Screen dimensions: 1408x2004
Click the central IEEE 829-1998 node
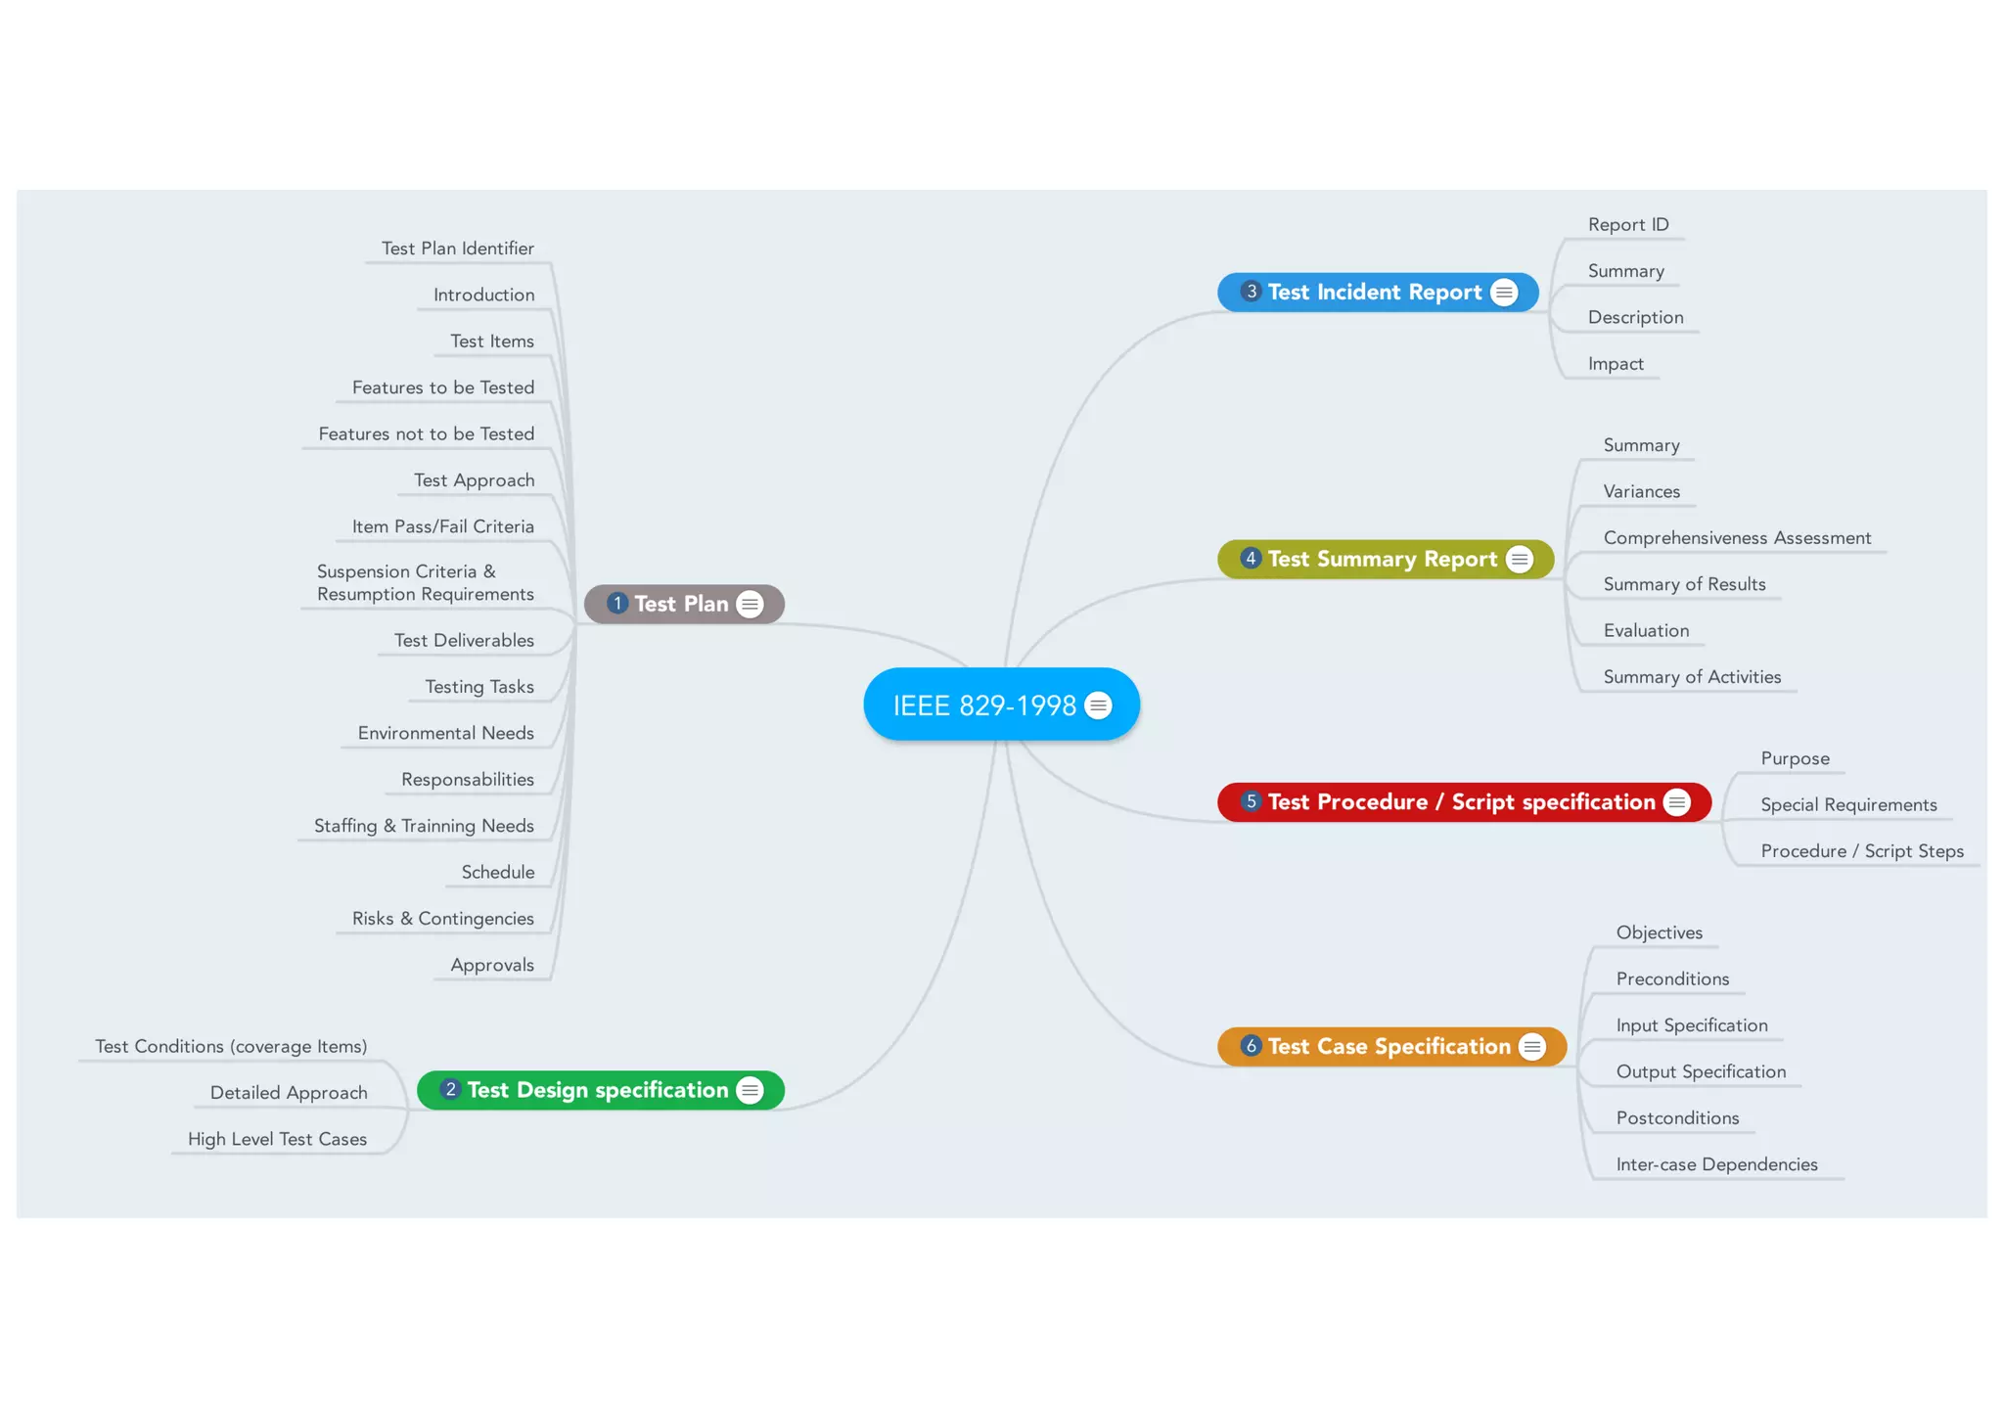983,705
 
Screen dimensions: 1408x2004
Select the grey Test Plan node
681,605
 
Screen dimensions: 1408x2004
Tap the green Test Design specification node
598,1090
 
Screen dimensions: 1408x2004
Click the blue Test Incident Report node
1374,293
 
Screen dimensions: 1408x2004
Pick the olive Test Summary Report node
1382,560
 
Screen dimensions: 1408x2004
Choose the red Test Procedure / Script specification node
1461,802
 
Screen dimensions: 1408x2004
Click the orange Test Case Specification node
1389,1047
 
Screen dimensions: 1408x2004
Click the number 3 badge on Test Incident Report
1251,292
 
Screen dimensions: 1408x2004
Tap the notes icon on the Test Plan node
750,605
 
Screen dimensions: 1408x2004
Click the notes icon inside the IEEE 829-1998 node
1099,705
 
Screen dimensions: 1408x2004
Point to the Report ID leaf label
1628,225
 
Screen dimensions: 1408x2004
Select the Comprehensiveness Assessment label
1737,538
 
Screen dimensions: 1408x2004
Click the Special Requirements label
1848,805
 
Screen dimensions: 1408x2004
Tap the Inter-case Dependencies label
1716,1164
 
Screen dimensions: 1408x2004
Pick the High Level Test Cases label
277,1139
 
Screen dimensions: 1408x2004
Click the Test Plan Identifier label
458,249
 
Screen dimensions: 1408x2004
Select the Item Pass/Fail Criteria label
443,526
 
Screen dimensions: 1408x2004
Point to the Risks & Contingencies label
443,919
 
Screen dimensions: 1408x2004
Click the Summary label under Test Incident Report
1625,271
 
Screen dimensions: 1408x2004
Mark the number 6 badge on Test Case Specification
1251,1046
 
